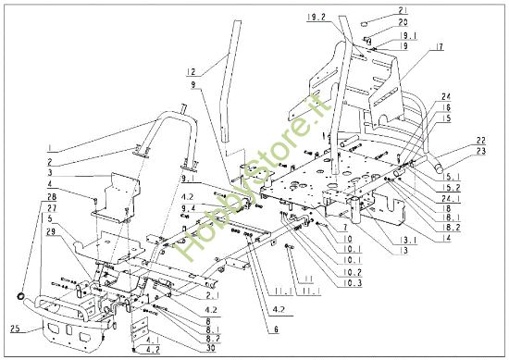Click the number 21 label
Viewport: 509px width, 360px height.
(x=377, y=8)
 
